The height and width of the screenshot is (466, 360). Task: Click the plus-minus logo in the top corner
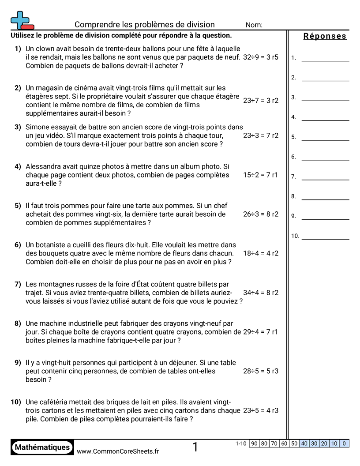click(22, 20)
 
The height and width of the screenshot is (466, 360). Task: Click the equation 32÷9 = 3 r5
click(261, 57)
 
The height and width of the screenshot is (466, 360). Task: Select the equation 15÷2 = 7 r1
click(261, 175)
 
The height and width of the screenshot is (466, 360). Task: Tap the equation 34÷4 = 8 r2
click(261, 293)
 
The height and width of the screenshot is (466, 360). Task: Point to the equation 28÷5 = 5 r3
click(261, 371)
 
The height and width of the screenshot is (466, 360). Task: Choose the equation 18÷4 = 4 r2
click(261, 253)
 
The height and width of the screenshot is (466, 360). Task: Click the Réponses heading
click(325, 37)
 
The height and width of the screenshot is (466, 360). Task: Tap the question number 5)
click(18, 206)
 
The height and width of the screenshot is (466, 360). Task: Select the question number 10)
click(16, 402)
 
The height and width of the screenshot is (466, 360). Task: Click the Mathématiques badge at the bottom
click(42, 447)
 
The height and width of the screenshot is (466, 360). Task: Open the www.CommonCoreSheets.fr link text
click(118, 451)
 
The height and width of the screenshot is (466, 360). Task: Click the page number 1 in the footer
click(195, 447)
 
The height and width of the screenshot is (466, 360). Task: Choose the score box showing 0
click(344, 443)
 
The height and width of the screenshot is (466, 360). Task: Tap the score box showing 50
click(294, 443)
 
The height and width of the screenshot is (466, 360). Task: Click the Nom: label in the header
click(254, 25)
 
